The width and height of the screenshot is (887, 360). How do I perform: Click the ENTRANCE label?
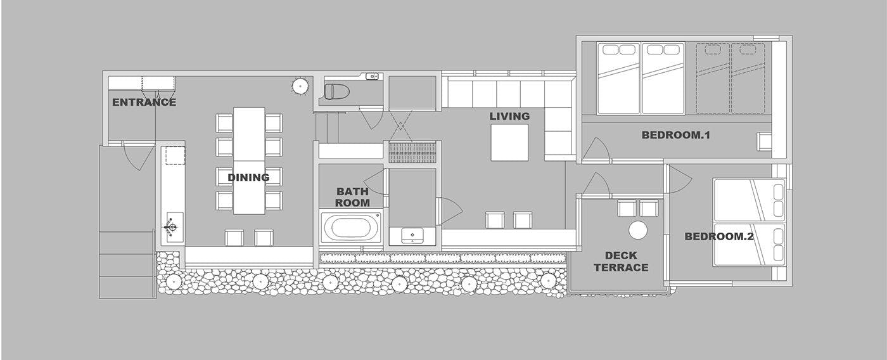[144, 102]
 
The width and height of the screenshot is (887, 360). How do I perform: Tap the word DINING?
[248, 177]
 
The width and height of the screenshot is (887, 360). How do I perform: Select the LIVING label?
[509, 117]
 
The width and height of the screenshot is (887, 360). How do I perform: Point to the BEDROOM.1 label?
[675, 135]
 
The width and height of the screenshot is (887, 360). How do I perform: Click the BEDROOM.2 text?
[719, 236]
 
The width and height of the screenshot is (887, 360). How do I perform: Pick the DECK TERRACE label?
[621, 261]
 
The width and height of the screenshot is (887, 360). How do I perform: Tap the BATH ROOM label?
[352, 197]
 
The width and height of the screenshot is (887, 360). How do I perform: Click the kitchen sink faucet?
[171, 228]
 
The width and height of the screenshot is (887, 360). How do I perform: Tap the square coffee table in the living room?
[509, 143]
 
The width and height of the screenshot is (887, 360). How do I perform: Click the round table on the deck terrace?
[638, 230]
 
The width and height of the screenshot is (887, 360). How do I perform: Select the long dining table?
[249, 161]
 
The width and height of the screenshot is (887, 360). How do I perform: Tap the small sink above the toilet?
[372, 76]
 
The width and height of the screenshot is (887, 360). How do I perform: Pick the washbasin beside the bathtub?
[412, 235]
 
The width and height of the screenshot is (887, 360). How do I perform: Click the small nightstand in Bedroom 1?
[764, 142]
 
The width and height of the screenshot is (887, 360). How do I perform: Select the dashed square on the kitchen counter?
[175, 155]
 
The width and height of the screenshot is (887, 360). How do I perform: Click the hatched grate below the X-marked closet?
[412, 153]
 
